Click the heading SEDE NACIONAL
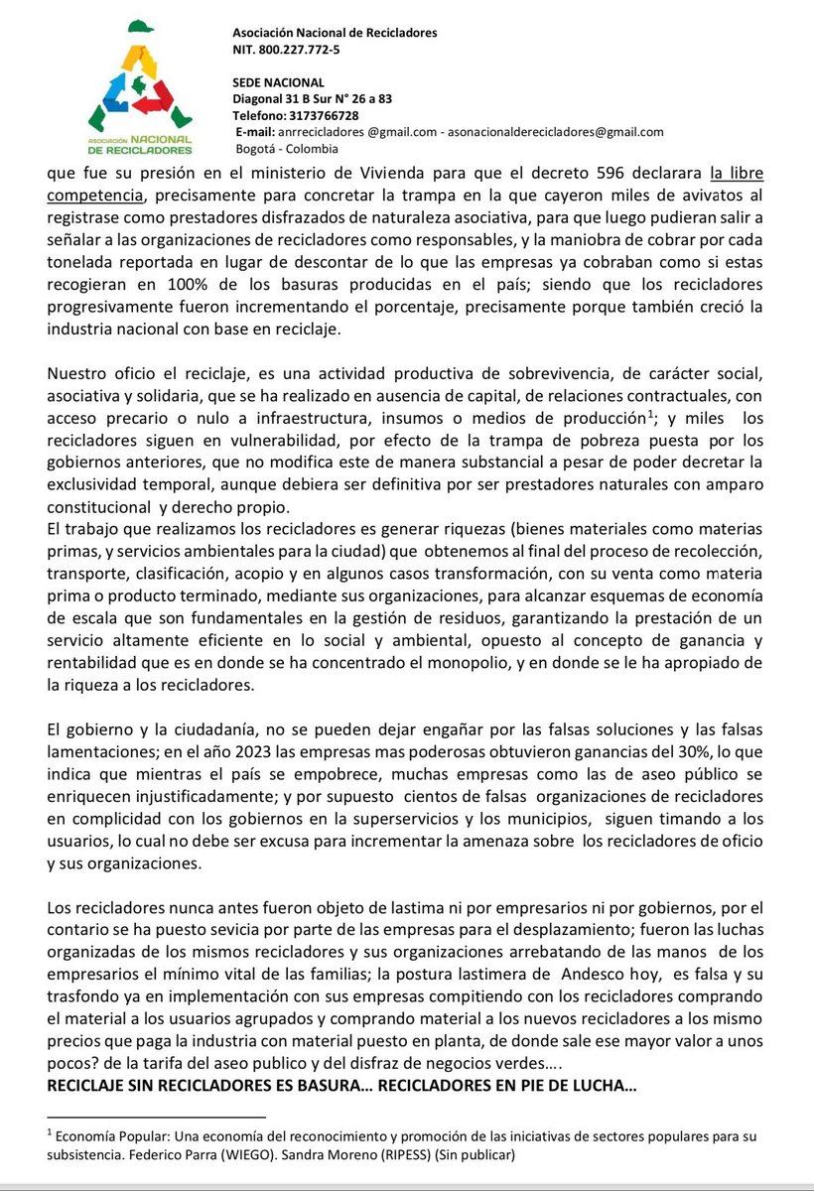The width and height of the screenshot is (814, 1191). click(x=272, y=82)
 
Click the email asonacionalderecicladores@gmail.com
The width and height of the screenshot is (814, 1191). click(x=556, y=132)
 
